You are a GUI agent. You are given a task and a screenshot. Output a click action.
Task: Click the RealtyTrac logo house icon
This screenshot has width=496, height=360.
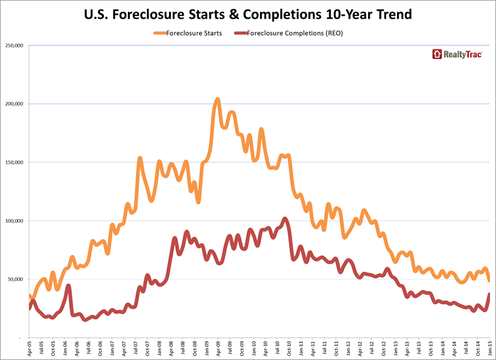(x=437, y=54)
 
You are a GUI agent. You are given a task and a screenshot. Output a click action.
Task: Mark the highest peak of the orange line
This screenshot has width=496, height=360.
(x=218, y=99)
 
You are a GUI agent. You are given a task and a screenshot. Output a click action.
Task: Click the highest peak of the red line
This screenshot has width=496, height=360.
(x=285, y=218)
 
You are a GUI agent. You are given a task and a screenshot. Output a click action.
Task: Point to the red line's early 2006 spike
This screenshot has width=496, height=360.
(x=69, y=285)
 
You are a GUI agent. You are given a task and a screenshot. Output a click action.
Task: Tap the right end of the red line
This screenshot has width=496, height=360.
(x=490, y=294)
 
